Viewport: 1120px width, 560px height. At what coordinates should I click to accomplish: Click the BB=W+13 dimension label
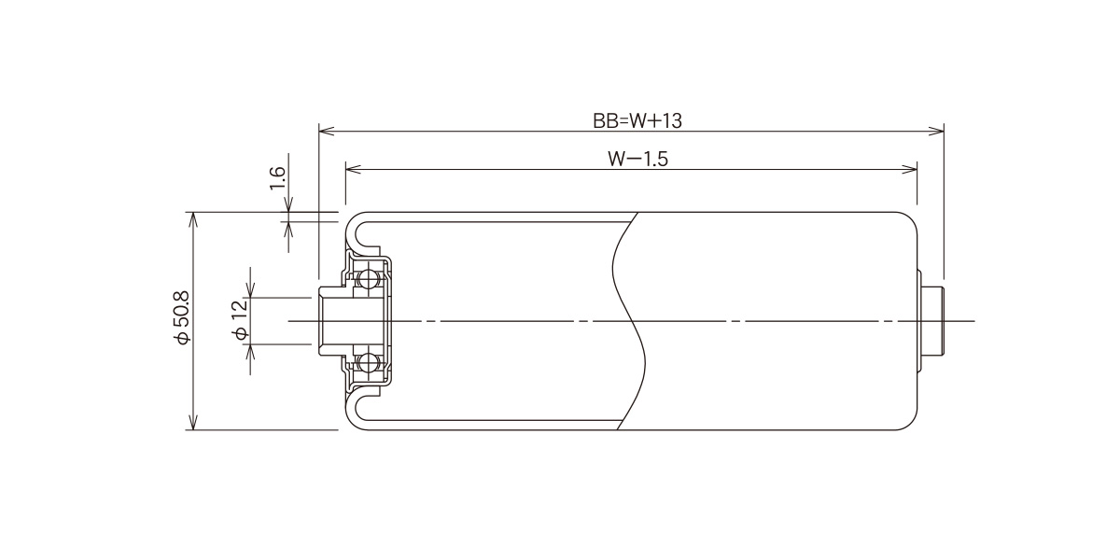[x=637, y=121]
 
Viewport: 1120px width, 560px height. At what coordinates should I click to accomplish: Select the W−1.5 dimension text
[x=638, y=159]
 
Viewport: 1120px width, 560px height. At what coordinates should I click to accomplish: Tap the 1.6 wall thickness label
[x=277, y=178]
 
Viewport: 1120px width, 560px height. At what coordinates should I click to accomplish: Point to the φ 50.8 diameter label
[x=182, y=318]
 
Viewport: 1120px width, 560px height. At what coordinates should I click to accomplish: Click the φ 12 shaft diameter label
[x=241, y=319]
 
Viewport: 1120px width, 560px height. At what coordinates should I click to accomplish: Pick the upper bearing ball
[x=369, y=279]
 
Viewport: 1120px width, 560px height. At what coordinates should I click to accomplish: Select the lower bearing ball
[x=369, y=361]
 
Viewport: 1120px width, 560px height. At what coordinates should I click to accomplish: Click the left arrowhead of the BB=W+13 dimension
[x=327, y=131]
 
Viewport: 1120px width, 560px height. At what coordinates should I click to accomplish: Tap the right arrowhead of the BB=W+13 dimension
[x=936, y=131]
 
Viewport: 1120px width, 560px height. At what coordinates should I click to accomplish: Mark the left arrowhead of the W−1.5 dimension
[x=354, y=169]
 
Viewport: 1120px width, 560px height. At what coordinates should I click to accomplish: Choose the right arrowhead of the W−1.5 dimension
[x=909, y=169]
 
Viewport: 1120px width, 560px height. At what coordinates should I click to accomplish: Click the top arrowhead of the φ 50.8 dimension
[x=193, y=219]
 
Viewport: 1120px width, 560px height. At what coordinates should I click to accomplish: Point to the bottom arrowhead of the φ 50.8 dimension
[x=193, y=422]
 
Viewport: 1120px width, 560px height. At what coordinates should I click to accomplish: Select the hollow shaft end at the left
[x=331, y=320]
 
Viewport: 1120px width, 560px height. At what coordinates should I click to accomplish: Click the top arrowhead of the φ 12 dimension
[x=251, y=290]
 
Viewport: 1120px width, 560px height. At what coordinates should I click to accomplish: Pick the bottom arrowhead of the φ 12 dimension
[x=251, y=352]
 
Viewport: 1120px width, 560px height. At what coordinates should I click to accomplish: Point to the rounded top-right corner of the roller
[x=910, y=220]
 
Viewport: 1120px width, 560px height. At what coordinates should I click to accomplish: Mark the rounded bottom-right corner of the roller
[x=910, y=422]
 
